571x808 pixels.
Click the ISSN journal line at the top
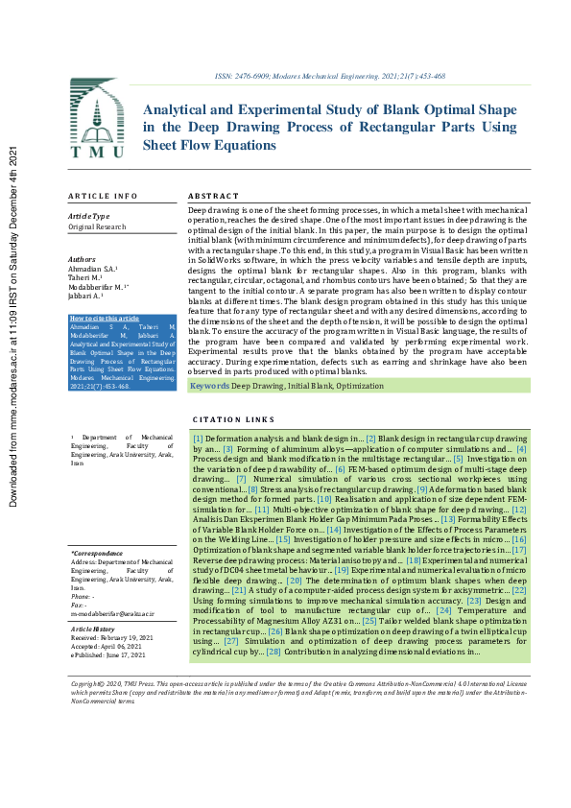(x=328, y=76)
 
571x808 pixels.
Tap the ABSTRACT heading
(x=213, y=196)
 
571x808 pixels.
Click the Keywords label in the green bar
(x=209, y=385)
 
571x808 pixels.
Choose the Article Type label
(x=88, y=217)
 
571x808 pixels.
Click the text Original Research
(x=96, y=226)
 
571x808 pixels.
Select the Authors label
(x=83, y=259)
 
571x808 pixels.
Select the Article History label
(x=94, y=629)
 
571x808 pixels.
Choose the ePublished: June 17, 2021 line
(x=107, y=654)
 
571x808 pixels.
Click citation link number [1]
(x=197, y=437)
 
